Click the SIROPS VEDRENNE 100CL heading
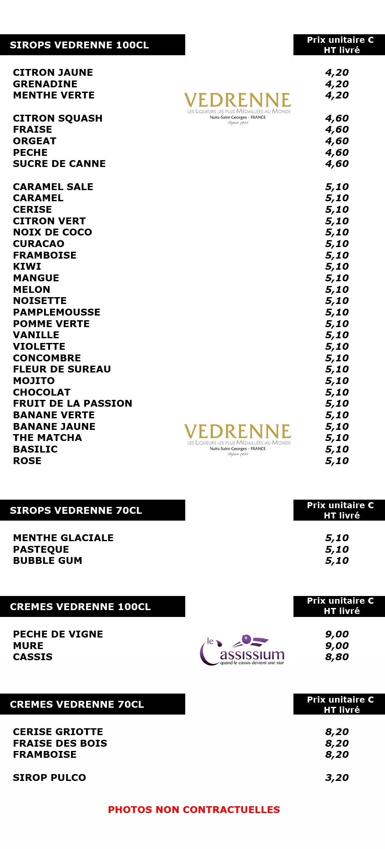[79, 45]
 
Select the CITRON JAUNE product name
[53, 72]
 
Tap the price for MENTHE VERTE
[337, 95]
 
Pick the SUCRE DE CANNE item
[59, 164]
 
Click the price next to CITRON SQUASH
[337, 118]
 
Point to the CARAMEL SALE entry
[53, 187]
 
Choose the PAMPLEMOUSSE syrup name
[56, 312]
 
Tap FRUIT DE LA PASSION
[72, 403]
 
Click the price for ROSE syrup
[337, 461]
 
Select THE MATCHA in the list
[47, 438]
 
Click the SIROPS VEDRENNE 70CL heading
[76, 510]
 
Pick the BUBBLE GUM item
[47, 560]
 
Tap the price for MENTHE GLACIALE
[337, 538]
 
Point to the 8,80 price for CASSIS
[337, 657]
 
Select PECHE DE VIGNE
[58, 634]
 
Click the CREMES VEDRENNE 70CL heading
[77, 704]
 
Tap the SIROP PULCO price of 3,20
[337, 778]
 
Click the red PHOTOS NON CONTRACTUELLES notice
[194, 810]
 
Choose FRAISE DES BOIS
[60, 743]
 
